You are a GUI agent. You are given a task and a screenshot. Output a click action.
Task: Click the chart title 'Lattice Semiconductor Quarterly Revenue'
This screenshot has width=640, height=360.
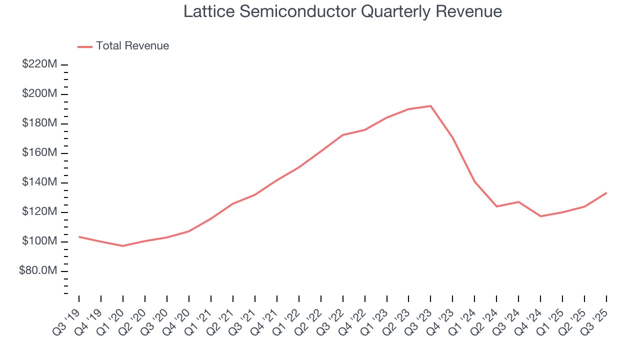point(342,11)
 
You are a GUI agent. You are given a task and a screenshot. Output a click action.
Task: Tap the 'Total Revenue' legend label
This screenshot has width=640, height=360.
point(132,46)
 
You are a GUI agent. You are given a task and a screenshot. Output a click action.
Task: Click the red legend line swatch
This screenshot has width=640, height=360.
point(85,46)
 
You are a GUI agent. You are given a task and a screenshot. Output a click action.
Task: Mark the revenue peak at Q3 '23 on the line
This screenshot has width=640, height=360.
point(430,106)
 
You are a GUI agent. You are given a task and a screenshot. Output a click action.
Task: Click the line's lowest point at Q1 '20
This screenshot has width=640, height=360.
point(122,246)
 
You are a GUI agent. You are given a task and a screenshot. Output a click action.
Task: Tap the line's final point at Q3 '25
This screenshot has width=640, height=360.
point(606,193)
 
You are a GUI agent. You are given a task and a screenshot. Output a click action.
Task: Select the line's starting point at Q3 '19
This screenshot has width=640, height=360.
point(79,236)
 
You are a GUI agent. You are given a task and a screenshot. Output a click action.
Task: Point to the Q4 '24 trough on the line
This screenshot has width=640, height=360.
point(540,216)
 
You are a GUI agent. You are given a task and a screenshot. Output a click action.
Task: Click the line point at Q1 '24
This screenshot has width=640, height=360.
point(474,181)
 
